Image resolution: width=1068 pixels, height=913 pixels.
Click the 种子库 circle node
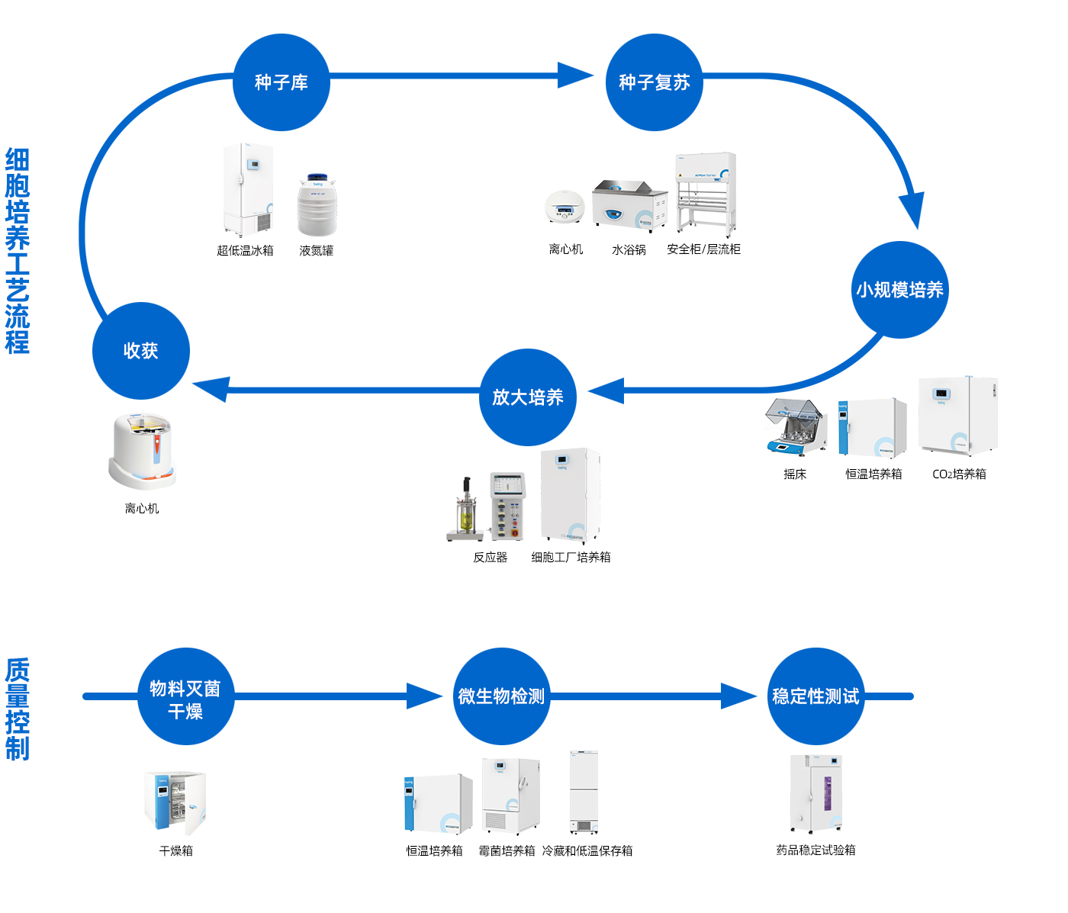point(281,82)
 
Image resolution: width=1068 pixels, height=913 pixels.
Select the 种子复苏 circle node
point(654,82)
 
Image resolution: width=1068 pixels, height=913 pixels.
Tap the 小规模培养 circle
point(899,290)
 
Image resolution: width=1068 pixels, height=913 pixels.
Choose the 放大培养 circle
point(527,397)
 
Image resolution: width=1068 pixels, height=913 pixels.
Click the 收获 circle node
point(140,351)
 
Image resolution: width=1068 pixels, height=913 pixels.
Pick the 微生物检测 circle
point(501,696)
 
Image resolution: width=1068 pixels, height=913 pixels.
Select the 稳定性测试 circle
point(815,696)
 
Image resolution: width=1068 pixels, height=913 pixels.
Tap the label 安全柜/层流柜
point(703,249)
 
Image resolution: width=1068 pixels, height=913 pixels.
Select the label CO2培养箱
point(959,474)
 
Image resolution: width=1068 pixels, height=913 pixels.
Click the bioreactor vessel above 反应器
point(465,511)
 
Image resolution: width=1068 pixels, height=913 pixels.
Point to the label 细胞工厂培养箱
point(571,558)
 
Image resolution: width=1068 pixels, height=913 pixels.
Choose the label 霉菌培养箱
point(507,851)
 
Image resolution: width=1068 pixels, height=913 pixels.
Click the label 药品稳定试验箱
point(815,850)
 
